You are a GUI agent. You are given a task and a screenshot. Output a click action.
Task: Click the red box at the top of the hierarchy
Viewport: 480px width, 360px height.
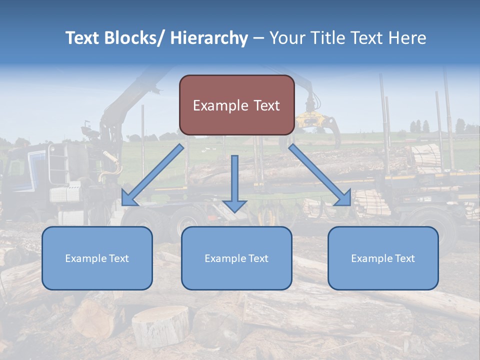[236, 105]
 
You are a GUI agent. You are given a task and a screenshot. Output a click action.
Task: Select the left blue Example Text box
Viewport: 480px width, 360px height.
[97, 258]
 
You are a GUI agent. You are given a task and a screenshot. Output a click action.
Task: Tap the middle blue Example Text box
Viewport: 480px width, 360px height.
[236, 258]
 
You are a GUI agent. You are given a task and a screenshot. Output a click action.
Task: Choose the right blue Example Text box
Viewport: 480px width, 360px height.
[383, 258]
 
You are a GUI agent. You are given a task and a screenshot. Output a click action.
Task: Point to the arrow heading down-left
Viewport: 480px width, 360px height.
[152, 175]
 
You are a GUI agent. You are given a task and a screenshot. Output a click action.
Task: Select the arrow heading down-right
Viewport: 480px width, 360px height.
[320, 175]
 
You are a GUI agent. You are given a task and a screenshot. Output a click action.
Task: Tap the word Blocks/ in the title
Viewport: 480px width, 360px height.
[134, 38]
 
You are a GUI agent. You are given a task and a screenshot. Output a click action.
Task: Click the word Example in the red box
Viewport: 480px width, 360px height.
[220, 105]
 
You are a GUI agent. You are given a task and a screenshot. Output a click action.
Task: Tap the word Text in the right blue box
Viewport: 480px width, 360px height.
[404, 258]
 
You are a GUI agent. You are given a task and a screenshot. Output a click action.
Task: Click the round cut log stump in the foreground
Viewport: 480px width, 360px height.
[160, 325]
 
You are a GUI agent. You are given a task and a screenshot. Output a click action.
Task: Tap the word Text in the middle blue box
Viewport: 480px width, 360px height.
[258, 258]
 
